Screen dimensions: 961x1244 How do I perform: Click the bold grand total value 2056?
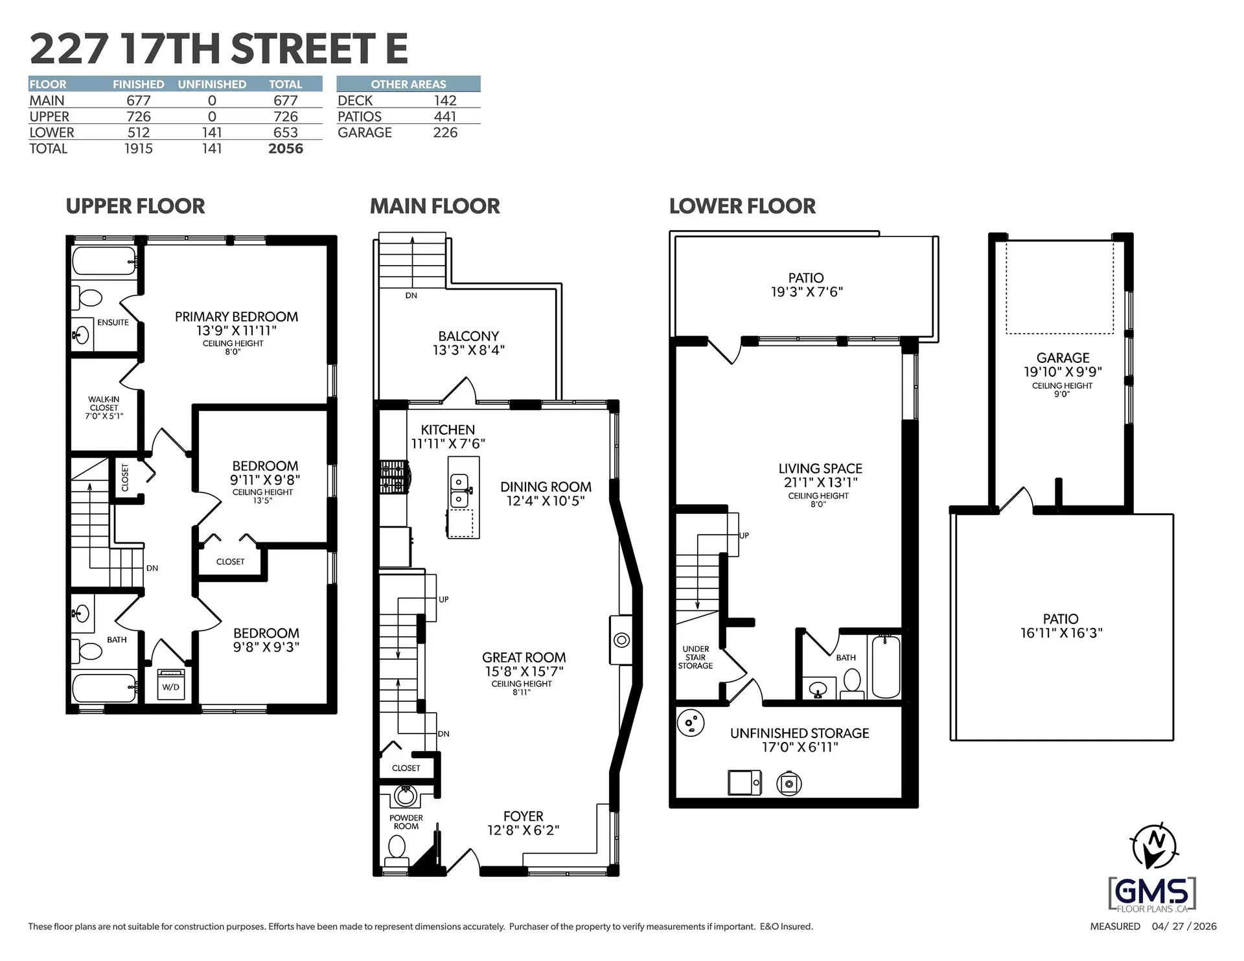285,148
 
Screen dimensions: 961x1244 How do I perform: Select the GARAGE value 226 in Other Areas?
445,133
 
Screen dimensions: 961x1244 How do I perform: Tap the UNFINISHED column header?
212,84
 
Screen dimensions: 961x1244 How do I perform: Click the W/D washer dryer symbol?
171,685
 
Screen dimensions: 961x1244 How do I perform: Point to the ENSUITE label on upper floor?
113,322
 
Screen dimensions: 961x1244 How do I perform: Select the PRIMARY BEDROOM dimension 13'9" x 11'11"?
236,330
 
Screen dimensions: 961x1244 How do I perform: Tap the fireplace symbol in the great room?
621,640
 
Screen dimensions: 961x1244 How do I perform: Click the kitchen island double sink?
459,490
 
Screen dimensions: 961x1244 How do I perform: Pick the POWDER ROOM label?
406,822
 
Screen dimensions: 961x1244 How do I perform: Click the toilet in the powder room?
397,848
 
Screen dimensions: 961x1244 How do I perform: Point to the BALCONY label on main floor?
468,336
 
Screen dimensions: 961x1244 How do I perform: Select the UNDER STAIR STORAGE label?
695,657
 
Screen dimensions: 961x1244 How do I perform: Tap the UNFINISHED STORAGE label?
800,733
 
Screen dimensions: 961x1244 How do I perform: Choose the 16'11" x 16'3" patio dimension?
1061,633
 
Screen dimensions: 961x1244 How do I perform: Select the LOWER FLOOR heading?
742,206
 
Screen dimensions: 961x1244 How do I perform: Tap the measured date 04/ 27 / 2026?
1184,927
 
